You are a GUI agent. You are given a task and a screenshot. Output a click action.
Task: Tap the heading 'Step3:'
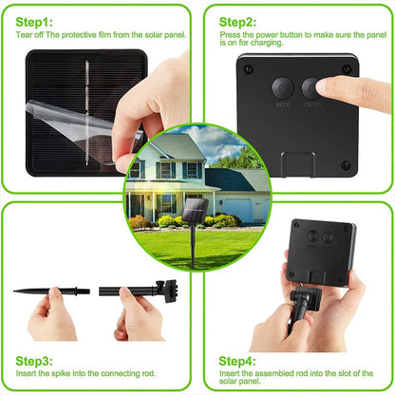pos(35,362)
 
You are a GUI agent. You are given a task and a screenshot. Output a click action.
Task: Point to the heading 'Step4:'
pos(237,362)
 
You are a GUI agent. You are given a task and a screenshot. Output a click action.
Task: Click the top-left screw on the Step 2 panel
pos(249,68)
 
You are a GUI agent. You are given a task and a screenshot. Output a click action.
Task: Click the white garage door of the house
pos(235,209)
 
